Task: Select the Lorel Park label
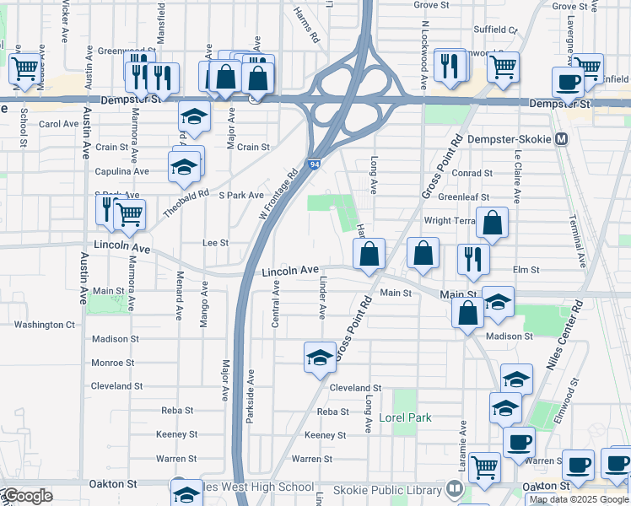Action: click(405, 417)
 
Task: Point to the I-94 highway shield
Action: click(313, 164)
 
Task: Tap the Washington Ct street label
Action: click(45, 325)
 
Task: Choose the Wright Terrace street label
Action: click(453, 221)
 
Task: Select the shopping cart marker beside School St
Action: click(24, 67)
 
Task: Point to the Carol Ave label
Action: click(59, 124)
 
